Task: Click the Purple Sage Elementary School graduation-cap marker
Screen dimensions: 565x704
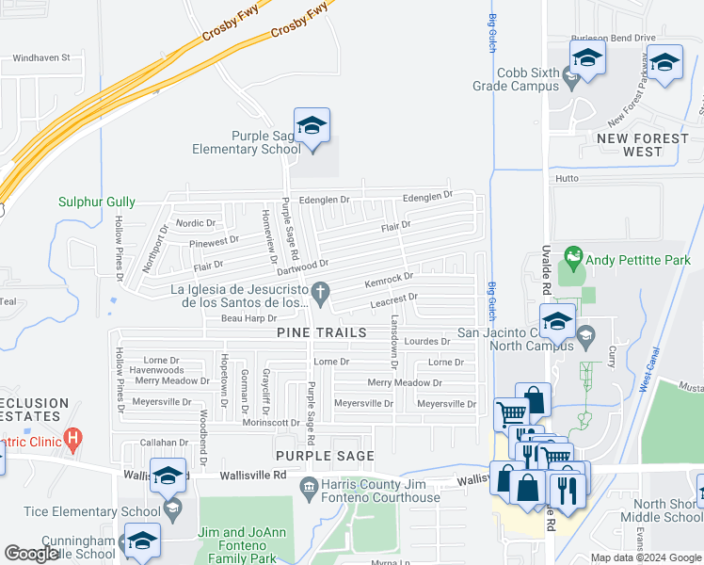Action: coord(312,126)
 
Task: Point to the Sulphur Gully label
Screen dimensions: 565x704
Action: coord(97,202)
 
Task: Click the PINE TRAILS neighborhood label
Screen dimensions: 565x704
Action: coord(316,333)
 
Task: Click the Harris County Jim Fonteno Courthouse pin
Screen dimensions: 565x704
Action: coord(307,486)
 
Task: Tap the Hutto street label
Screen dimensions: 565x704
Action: coord(566,178)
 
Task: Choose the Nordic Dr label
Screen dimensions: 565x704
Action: coord(196,223)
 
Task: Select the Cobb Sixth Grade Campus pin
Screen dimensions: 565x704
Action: coord(569,74)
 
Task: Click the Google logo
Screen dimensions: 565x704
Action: coord(32,555)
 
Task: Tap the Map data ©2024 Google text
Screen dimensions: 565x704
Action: coord(645,557)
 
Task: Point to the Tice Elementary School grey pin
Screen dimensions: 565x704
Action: coord(171,510)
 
